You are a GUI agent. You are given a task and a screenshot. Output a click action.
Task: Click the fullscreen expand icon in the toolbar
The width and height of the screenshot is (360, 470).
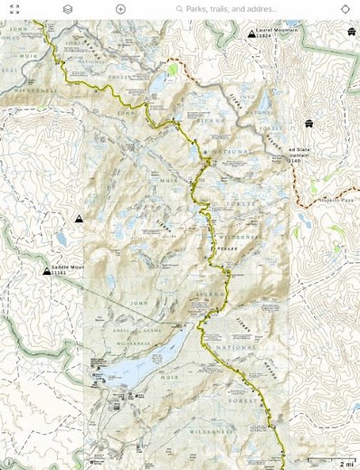point(14,8)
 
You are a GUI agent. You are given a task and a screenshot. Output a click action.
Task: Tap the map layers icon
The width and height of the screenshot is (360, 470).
point(68,8)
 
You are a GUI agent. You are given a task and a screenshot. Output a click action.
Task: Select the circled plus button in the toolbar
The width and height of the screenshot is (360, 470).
point(120,8)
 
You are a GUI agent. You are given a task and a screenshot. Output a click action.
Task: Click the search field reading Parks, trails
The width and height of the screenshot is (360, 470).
point(231,8)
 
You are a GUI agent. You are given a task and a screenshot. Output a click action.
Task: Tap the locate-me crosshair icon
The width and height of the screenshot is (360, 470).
point(346,8)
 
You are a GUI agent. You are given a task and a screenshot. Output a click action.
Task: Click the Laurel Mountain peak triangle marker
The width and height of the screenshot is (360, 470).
point(251,33)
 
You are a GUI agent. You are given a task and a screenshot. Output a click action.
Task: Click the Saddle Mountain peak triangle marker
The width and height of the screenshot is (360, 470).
point(46,270)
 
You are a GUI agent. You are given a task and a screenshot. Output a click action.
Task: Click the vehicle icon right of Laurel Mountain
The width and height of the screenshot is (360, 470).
point(350,32)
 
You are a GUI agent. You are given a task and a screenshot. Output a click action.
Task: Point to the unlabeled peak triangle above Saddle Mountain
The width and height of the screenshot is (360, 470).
point(79,219)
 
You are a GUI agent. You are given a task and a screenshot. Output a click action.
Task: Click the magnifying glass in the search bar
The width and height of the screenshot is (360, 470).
point(179,8)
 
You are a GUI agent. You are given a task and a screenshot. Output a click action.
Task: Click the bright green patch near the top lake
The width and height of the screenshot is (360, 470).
point(172,70)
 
